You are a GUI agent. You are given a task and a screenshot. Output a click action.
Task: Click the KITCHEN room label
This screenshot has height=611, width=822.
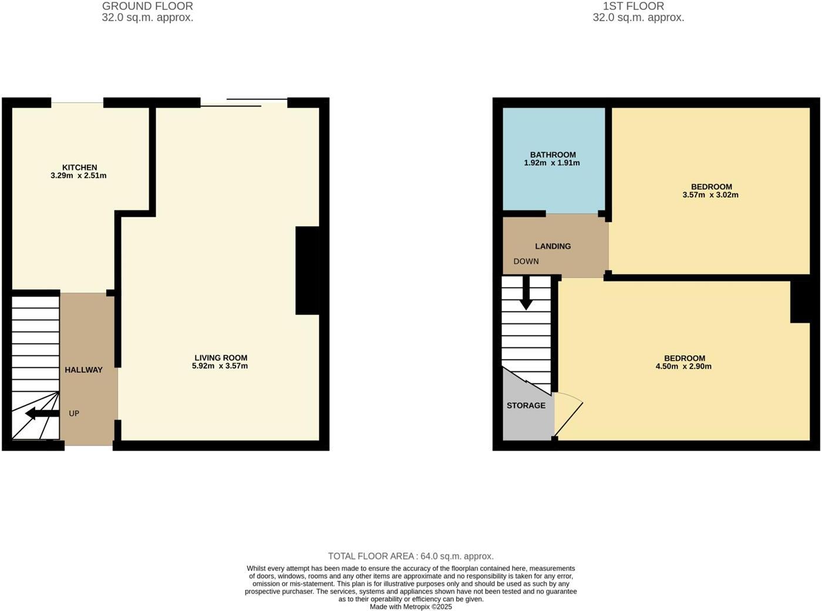[80, 167]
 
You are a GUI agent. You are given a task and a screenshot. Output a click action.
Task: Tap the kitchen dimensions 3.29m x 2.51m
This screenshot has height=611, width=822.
[79, 176]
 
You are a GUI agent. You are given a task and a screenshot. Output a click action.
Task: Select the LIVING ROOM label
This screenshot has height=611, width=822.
[221, 358]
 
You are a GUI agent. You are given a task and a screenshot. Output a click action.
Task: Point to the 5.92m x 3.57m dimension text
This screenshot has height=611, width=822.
[220, 366]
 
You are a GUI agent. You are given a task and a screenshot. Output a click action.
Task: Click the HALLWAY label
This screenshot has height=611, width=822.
[83, 370]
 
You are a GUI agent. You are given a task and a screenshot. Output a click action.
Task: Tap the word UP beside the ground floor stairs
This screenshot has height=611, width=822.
[74, 414]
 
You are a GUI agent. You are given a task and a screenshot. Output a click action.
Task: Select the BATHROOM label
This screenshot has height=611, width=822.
[553, 155]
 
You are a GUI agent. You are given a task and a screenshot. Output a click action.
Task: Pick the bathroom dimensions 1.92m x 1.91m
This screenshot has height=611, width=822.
[552, 163]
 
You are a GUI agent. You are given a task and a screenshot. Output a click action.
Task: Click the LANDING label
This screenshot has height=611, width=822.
[553, 246]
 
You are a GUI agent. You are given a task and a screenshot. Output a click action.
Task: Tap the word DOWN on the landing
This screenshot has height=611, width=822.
[526, 261]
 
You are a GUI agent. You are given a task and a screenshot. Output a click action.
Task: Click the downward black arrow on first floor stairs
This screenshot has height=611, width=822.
[526, 293]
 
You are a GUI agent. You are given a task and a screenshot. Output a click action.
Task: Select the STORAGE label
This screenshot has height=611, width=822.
[526, 406]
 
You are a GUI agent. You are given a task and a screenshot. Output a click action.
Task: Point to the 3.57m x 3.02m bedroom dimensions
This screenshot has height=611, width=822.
[710, 195]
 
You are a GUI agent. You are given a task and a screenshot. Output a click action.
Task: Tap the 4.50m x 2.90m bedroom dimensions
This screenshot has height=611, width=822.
[683, 367]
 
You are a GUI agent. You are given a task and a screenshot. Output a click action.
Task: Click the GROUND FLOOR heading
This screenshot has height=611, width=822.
[147, 6]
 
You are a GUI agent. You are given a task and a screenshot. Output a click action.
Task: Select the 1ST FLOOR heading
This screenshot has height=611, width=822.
[634, 6]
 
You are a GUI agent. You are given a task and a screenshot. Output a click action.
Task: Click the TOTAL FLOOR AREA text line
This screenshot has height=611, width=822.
[410, 556]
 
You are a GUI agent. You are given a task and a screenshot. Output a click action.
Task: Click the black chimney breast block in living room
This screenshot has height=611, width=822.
[308, 270]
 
